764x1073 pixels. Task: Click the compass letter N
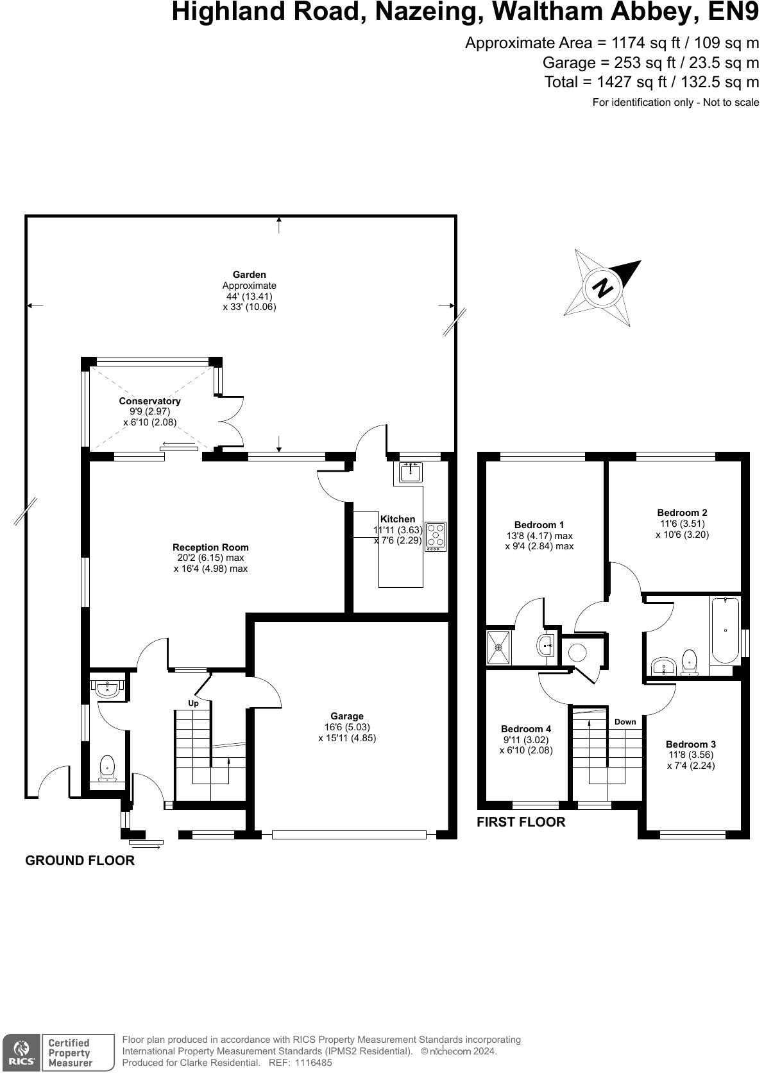[603, 288]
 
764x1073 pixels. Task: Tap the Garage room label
[347, 716]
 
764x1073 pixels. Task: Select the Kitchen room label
[397, 519]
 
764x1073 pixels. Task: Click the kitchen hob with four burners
[435, 536]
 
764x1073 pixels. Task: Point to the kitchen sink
[411, 472]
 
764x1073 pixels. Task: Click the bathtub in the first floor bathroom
[726, 630]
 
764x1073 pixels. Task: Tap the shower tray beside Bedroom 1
[499, 648]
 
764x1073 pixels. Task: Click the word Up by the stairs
[193, 704]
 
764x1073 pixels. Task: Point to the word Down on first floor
[625, 722]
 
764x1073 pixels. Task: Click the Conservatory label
[150, 401]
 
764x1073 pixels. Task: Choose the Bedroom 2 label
[682, 513]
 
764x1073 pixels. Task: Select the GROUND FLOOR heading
[80, 861]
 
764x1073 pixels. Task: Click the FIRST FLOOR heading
[521, 823]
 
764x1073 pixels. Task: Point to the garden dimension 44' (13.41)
[250, 296]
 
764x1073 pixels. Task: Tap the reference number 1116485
[313, 1063]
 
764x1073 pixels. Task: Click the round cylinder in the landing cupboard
[577, 653]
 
